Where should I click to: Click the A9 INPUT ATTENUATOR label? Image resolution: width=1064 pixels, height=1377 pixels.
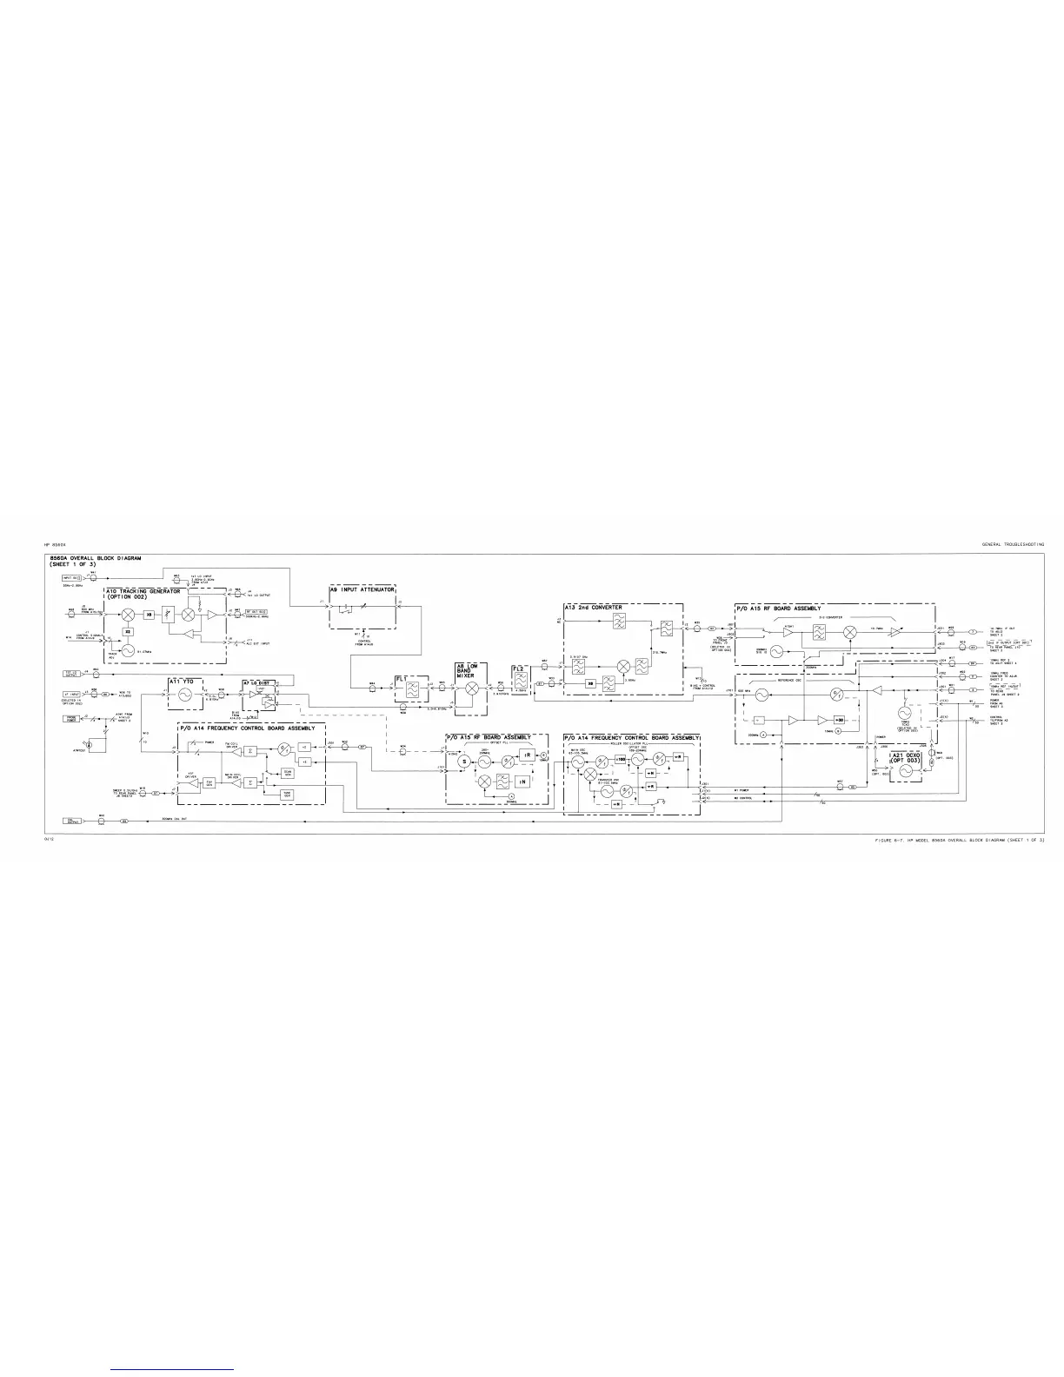pos(363,590)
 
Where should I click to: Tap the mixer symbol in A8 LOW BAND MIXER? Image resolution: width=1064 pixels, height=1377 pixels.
pos(473,688)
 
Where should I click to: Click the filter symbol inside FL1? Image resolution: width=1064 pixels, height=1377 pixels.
pos(414,688)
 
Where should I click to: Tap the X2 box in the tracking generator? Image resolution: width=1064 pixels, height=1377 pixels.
pos(128,632)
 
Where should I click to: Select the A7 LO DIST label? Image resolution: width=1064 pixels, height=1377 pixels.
pos(258,683)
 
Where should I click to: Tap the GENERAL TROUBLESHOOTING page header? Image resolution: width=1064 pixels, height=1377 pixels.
pos(1013,543)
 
